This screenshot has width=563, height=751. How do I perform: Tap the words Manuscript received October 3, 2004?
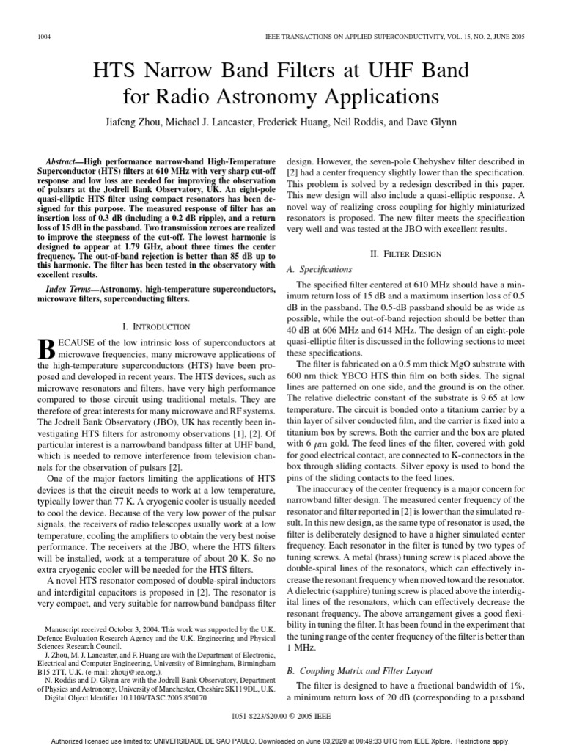pos(99,629)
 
